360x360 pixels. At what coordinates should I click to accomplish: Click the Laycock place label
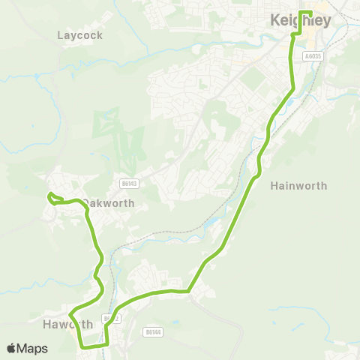pos(79,35)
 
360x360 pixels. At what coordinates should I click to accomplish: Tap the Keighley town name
pos(306,22)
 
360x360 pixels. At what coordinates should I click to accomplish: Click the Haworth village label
pos(67,324)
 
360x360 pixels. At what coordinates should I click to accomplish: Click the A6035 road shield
pos(313,55)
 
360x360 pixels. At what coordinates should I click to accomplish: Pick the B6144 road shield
pos(152,331)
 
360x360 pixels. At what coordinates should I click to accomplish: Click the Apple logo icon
pos(11,348)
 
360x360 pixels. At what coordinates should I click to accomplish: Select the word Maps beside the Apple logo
pos(32,348)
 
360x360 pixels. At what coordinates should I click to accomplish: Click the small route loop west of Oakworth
pos(52,197)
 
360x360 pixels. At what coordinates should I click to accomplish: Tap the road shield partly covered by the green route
pos(111,319)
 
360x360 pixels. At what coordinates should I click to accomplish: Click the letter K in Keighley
pos(274,22)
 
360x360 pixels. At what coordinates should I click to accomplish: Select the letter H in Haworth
pos(47,324)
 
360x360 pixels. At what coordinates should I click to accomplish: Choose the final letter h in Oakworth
pos(131,203)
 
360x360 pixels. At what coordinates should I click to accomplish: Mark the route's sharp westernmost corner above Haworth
pos(70,313)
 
